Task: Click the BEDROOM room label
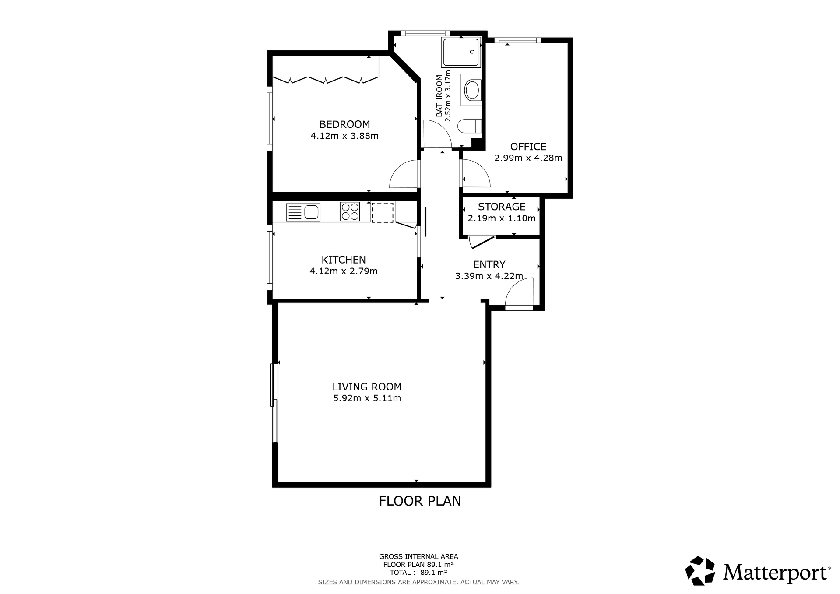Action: click(x=344, y=124)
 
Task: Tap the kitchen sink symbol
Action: click(x=303, y=212)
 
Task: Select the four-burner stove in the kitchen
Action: click(x=350, y=212)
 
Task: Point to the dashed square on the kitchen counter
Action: click(x=383, y=212)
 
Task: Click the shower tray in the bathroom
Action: click(x=461, y=52)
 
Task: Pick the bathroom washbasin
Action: click(x=471, y=90)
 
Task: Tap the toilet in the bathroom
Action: click(x=469, y=127)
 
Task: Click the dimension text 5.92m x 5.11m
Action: click(x=367, y=398)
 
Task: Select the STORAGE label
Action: click(x=502, y=207)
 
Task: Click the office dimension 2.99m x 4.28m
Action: click(x=528, y=158)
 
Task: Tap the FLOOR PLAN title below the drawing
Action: click(x=420, y=501)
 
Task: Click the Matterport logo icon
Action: click(x=700, y=570)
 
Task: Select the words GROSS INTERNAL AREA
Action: click(x=418, y=557)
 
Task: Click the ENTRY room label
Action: click(x=489, y=264)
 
